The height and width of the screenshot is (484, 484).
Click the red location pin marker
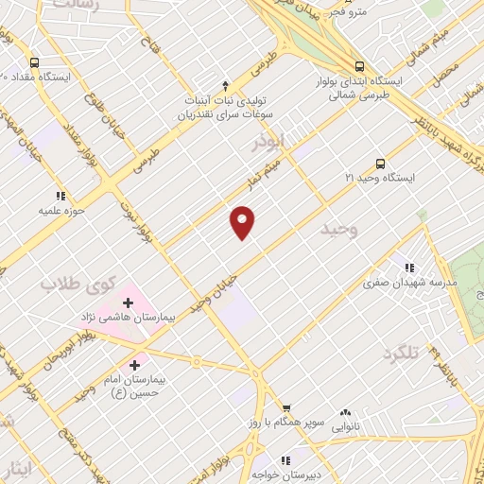click(x=243, y=221)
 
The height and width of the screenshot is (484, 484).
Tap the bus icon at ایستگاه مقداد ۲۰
click(x=34, y=60)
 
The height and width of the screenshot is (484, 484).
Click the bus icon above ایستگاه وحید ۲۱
click(x=380, y=162)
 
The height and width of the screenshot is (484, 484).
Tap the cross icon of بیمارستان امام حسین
click(x=134, y=363)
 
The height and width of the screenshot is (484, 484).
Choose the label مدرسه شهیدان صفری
click(x=414, y=282)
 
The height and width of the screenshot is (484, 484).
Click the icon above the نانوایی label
click(x=344, y=412)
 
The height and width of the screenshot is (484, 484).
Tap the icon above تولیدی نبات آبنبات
click(x=224, y=83)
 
